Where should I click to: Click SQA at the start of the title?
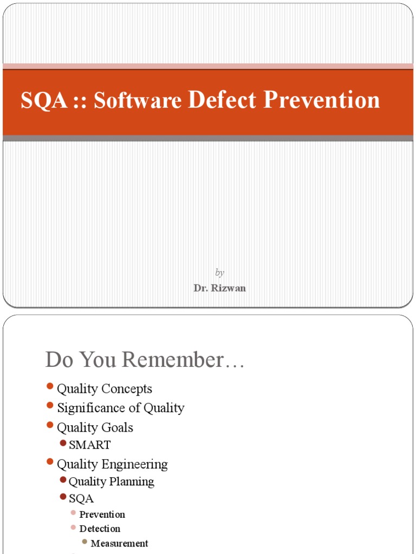pyautogui.click(x=37, y=101)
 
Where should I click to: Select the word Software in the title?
pyautogui.click(x=137, y=100)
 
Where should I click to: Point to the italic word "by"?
pyautogui.click(x=219, y=273)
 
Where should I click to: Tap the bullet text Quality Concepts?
pyautogui.click(x=105, y=388)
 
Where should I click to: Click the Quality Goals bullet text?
pyautogui.click(x=95, y=427)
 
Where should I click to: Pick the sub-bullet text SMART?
pyautogui.click(x=90, y=445)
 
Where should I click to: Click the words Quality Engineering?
pyautogui.click(x=112, y=464)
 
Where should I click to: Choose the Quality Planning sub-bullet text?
pyautogui.click(x=111, y=482)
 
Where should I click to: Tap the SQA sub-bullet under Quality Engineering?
pyautogui.click(x=81, y=499)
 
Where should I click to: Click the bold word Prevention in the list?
pyautogui.click(x=102, y=515)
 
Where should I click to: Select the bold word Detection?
pyautogui.click(x=100, y=529)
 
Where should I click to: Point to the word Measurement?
pyautogui.click(x=119, y=543)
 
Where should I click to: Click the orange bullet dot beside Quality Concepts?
pyautogui.click(x=50, y=386)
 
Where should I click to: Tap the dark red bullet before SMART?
pyautogui.click(x=63, y=444)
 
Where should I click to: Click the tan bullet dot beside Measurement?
pyautogui.click(x=84, y=542)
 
